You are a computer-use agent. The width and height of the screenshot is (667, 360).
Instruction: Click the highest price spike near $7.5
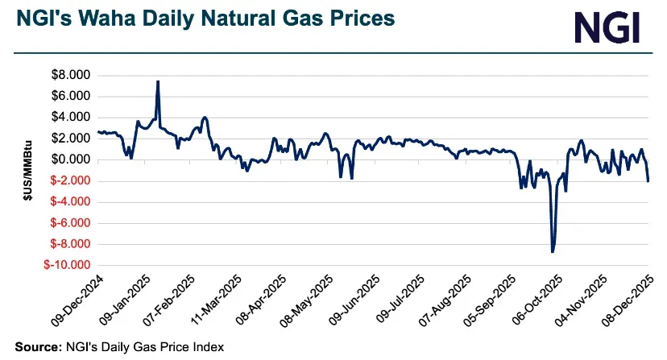coord(158,81)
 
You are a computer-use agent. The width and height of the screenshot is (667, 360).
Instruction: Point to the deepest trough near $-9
coord(553,252)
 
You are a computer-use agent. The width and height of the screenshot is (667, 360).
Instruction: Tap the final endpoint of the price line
coord(648,181)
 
